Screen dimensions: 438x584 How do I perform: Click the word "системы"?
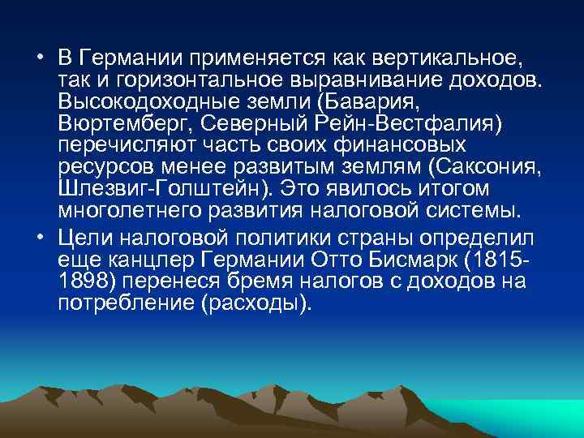[x=474, y=209]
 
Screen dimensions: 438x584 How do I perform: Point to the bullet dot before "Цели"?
[x=40, y=237]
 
